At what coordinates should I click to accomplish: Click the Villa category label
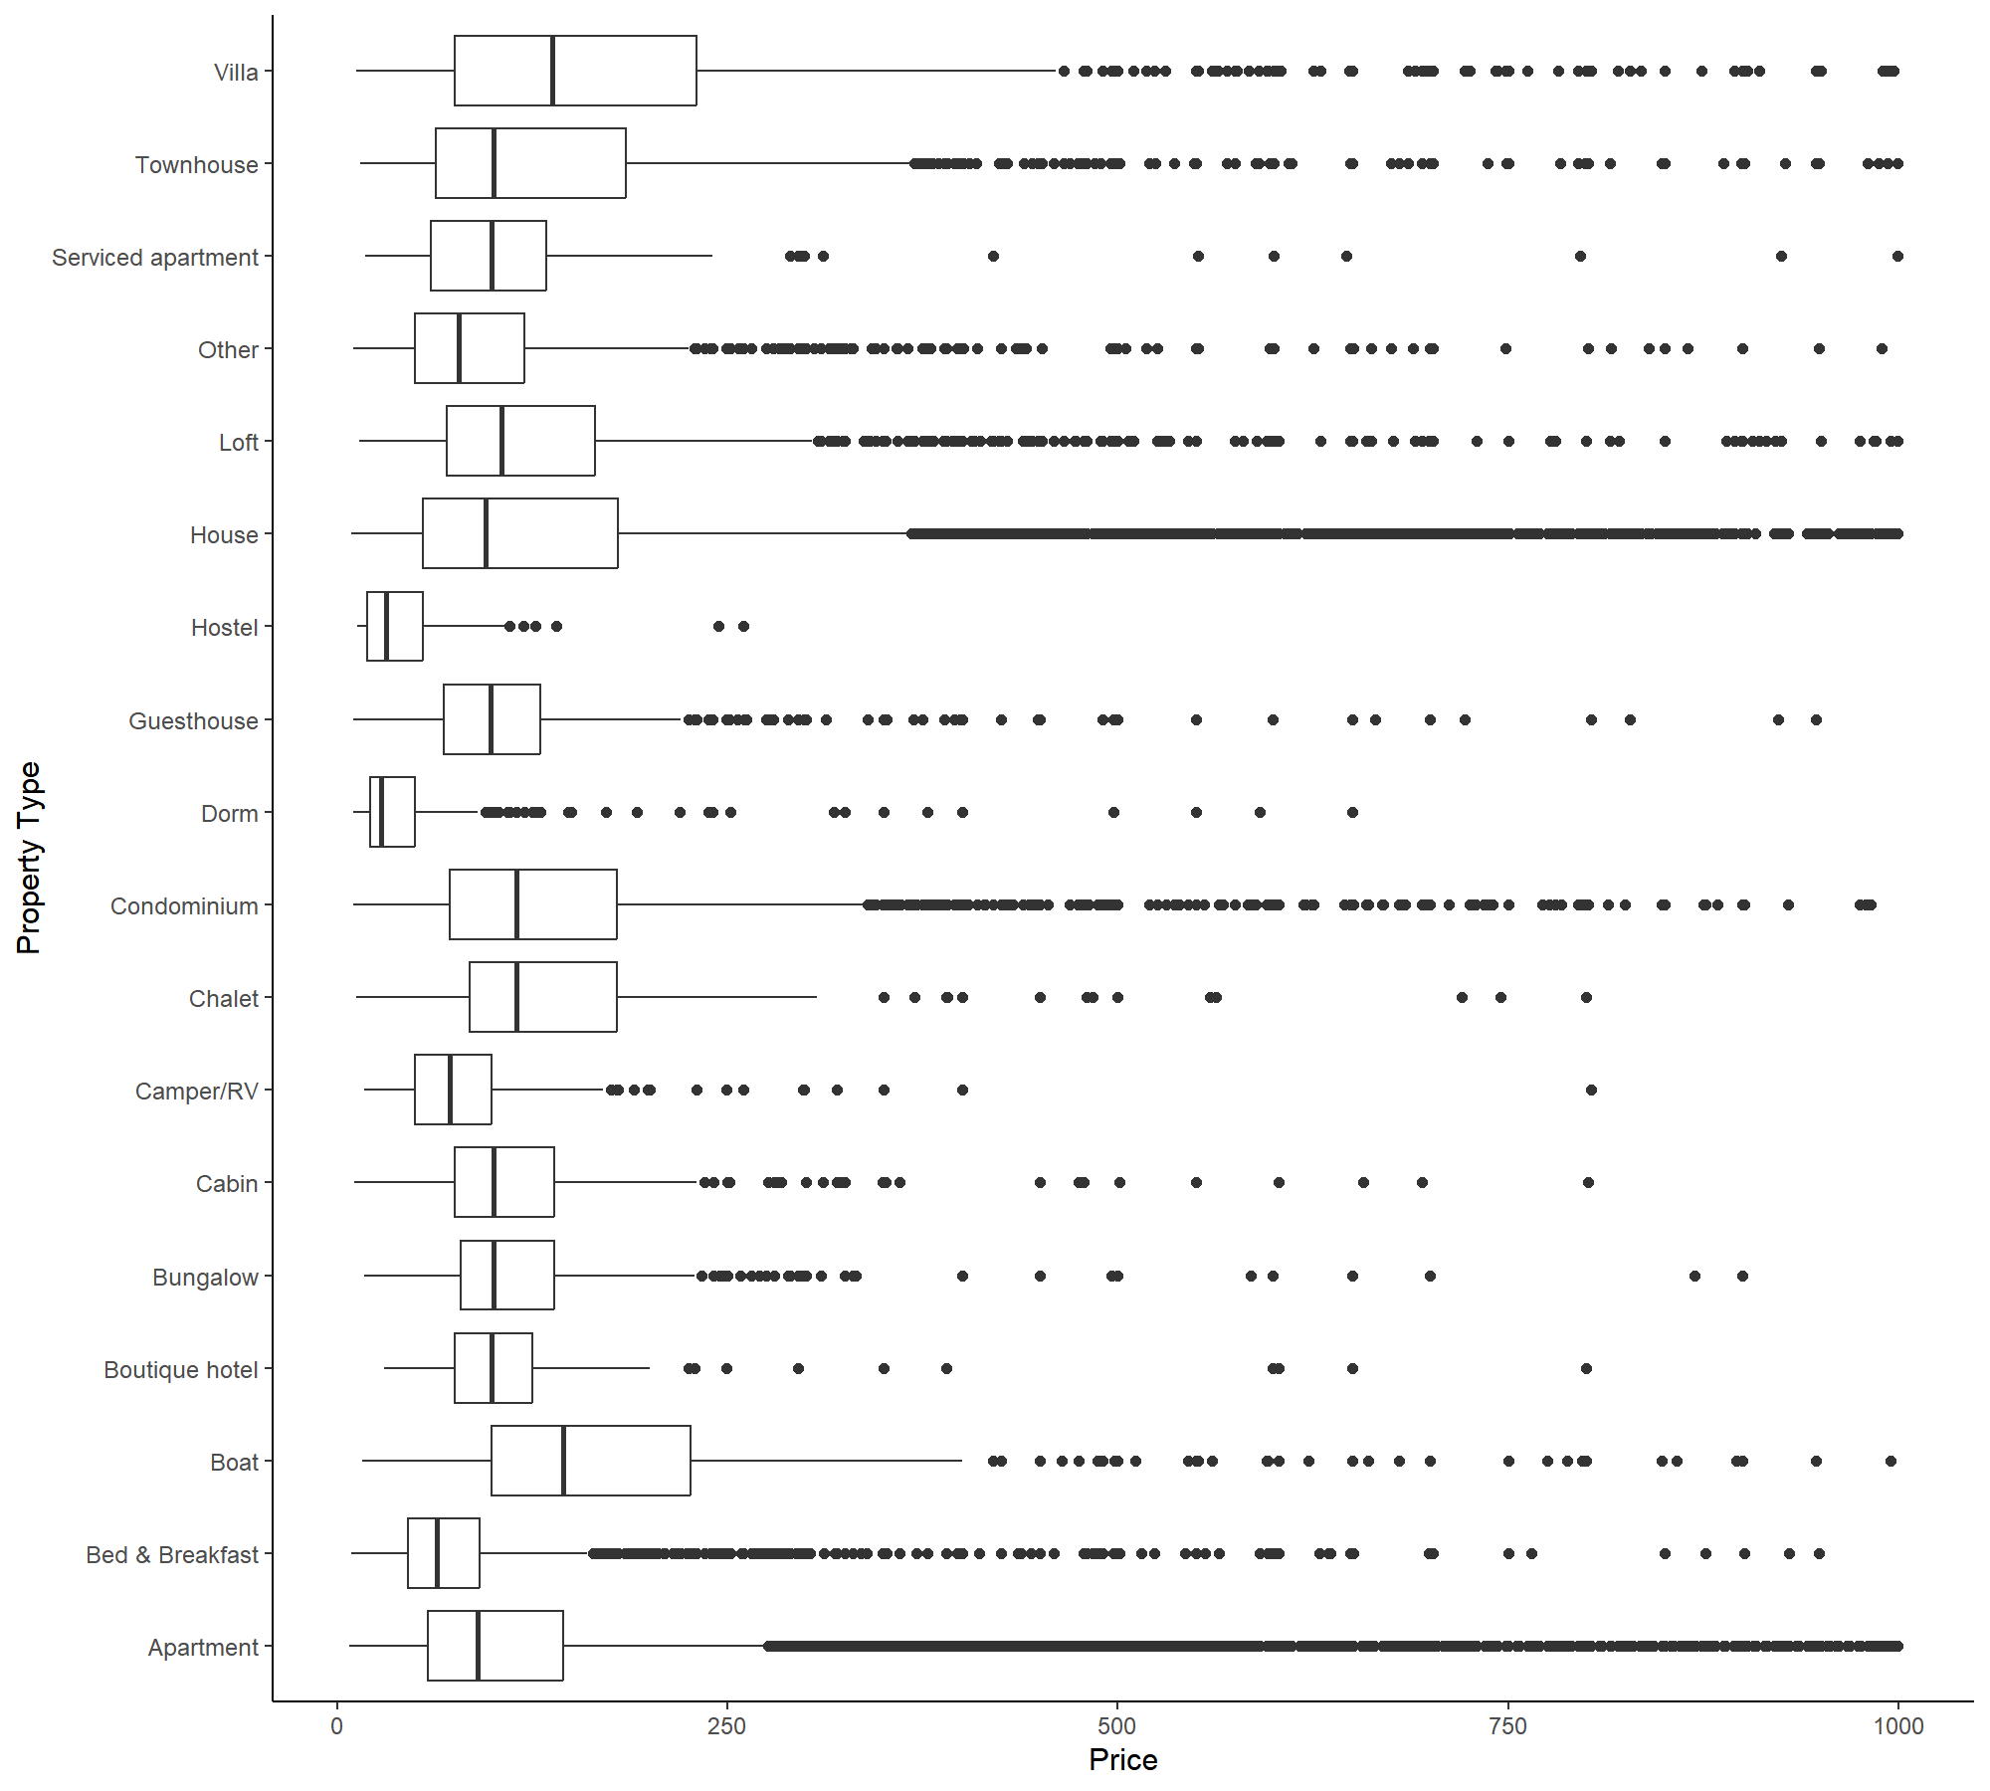[236, 73]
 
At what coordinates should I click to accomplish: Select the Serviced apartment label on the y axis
[154, 258]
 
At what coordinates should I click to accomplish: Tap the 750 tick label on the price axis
[1507, 1726]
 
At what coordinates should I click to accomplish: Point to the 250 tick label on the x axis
[726, 1726]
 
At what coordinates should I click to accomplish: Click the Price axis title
[1122, 1759]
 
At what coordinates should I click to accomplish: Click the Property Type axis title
[30, 858]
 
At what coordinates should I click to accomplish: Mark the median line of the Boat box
[563, 1461]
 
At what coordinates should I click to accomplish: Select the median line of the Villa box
[552, 71]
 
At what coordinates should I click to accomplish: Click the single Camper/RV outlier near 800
[1591, 1090]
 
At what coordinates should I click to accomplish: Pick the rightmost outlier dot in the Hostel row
[743, 626]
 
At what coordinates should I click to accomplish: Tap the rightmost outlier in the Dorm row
[1352, 812]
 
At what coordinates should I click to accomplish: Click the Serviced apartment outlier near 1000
[1897, 256]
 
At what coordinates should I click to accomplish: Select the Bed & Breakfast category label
[172, 1555]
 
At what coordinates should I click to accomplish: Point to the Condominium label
[184, 906]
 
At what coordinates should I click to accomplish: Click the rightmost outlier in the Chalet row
[1586, 997]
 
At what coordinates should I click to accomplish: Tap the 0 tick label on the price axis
[336, 1726]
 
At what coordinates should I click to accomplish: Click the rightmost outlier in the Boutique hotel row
[1586, 1368]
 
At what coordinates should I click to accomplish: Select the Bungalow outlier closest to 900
[1742, 1276]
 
